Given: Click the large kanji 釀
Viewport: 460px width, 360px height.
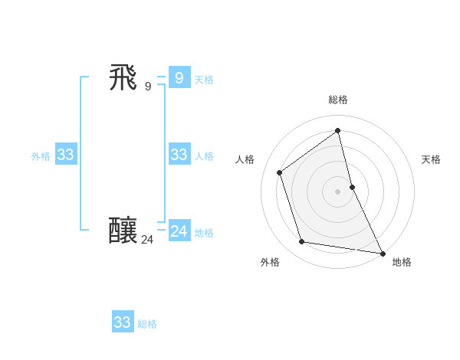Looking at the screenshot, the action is [x=124, y=231].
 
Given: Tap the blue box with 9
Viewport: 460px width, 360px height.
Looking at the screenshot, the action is [x=179, y=77].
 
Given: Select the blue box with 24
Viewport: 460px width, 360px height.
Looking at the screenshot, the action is [x=179, y=231].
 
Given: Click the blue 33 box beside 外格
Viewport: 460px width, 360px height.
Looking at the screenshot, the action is [x=65, y=155].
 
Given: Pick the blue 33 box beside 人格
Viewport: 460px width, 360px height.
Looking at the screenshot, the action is [x=179, y=155].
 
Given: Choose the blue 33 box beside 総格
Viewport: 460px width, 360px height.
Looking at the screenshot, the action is [x=123, y=322].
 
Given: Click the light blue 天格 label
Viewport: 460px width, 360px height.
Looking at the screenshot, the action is [x=204, y=80].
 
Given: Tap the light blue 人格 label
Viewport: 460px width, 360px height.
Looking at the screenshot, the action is [x=204, y=156].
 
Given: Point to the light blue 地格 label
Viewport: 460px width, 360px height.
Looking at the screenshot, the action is [x=204, y=233].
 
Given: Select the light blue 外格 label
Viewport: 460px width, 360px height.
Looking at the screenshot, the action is [x=41, y=156].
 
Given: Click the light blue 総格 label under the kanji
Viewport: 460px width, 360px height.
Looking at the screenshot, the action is [x=147, y=324].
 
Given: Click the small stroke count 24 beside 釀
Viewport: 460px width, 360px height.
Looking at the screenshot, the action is [x=147, y=240].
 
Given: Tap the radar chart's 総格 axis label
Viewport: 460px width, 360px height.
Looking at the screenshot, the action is [x=338, y=100].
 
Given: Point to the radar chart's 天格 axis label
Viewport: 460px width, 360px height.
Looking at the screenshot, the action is [x=431, y=159].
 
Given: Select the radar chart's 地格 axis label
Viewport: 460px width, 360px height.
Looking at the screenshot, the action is [x=402, y=262].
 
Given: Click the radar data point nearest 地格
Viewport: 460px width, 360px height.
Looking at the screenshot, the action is [x=383, y=253].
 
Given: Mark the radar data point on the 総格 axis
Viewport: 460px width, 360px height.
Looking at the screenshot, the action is [x=338, y=129].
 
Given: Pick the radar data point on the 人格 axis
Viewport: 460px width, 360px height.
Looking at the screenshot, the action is [x=280, y=172].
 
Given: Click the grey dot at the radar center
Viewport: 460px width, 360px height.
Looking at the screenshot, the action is [x=338, y=191].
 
